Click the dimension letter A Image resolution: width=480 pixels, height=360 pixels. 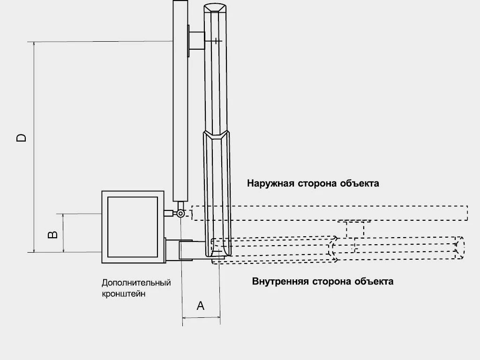tap(201, 306)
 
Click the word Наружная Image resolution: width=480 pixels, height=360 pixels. tap(270, 183)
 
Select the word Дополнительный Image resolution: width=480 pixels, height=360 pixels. tap(136, 283)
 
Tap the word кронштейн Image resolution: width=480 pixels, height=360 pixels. tap(124, 294)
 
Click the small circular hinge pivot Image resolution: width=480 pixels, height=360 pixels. tap(180, 213)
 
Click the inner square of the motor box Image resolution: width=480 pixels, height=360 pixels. tap(133, 227)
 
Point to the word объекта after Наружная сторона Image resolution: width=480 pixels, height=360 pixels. tap(359, 183)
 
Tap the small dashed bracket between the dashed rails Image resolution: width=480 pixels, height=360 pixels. tap(354, 229)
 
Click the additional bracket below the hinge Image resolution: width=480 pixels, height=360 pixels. tap(186, 250)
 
